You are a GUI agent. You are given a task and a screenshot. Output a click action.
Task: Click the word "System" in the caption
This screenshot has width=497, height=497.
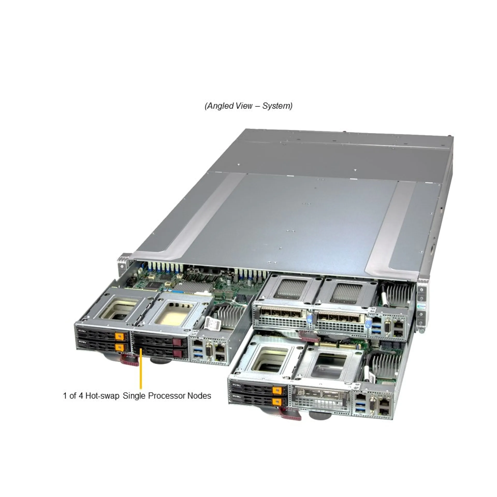(276, 106)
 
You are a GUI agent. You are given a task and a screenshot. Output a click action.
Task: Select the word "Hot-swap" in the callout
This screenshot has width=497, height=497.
(102, 396)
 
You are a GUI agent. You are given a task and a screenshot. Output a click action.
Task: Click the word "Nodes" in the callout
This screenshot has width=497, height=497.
(199, 396)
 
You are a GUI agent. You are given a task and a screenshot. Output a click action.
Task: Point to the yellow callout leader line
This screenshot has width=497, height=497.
(141, 368)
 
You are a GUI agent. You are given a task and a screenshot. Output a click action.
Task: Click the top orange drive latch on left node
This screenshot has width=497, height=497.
(119, 336)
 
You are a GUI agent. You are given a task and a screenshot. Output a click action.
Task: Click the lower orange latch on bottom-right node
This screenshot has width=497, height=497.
(277, 401)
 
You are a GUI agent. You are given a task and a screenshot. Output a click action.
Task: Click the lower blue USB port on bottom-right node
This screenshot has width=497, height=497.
(360, 410)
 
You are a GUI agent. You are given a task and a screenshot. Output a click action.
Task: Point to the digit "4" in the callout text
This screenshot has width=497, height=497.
(81, 396)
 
